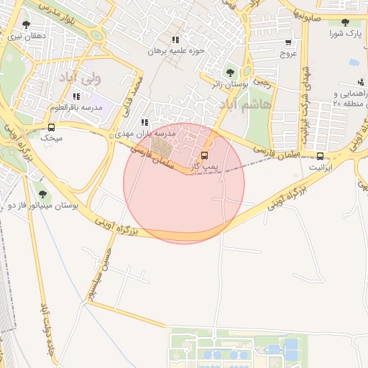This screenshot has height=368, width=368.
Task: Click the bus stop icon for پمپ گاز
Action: pos(204,155)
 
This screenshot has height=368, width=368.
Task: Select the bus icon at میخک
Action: pos(51,127)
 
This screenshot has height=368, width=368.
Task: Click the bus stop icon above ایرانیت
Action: pos(320,155)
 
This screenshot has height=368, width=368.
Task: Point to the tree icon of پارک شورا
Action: pos(346,23)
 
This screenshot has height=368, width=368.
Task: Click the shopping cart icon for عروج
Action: pos(288,42)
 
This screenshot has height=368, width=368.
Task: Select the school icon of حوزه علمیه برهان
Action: pos(175,40)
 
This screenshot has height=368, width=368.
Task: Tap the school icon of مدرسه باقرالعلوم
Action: pos(76,96)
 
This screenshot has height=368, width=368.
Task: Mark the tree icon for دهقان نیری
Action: pos(26,24)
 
